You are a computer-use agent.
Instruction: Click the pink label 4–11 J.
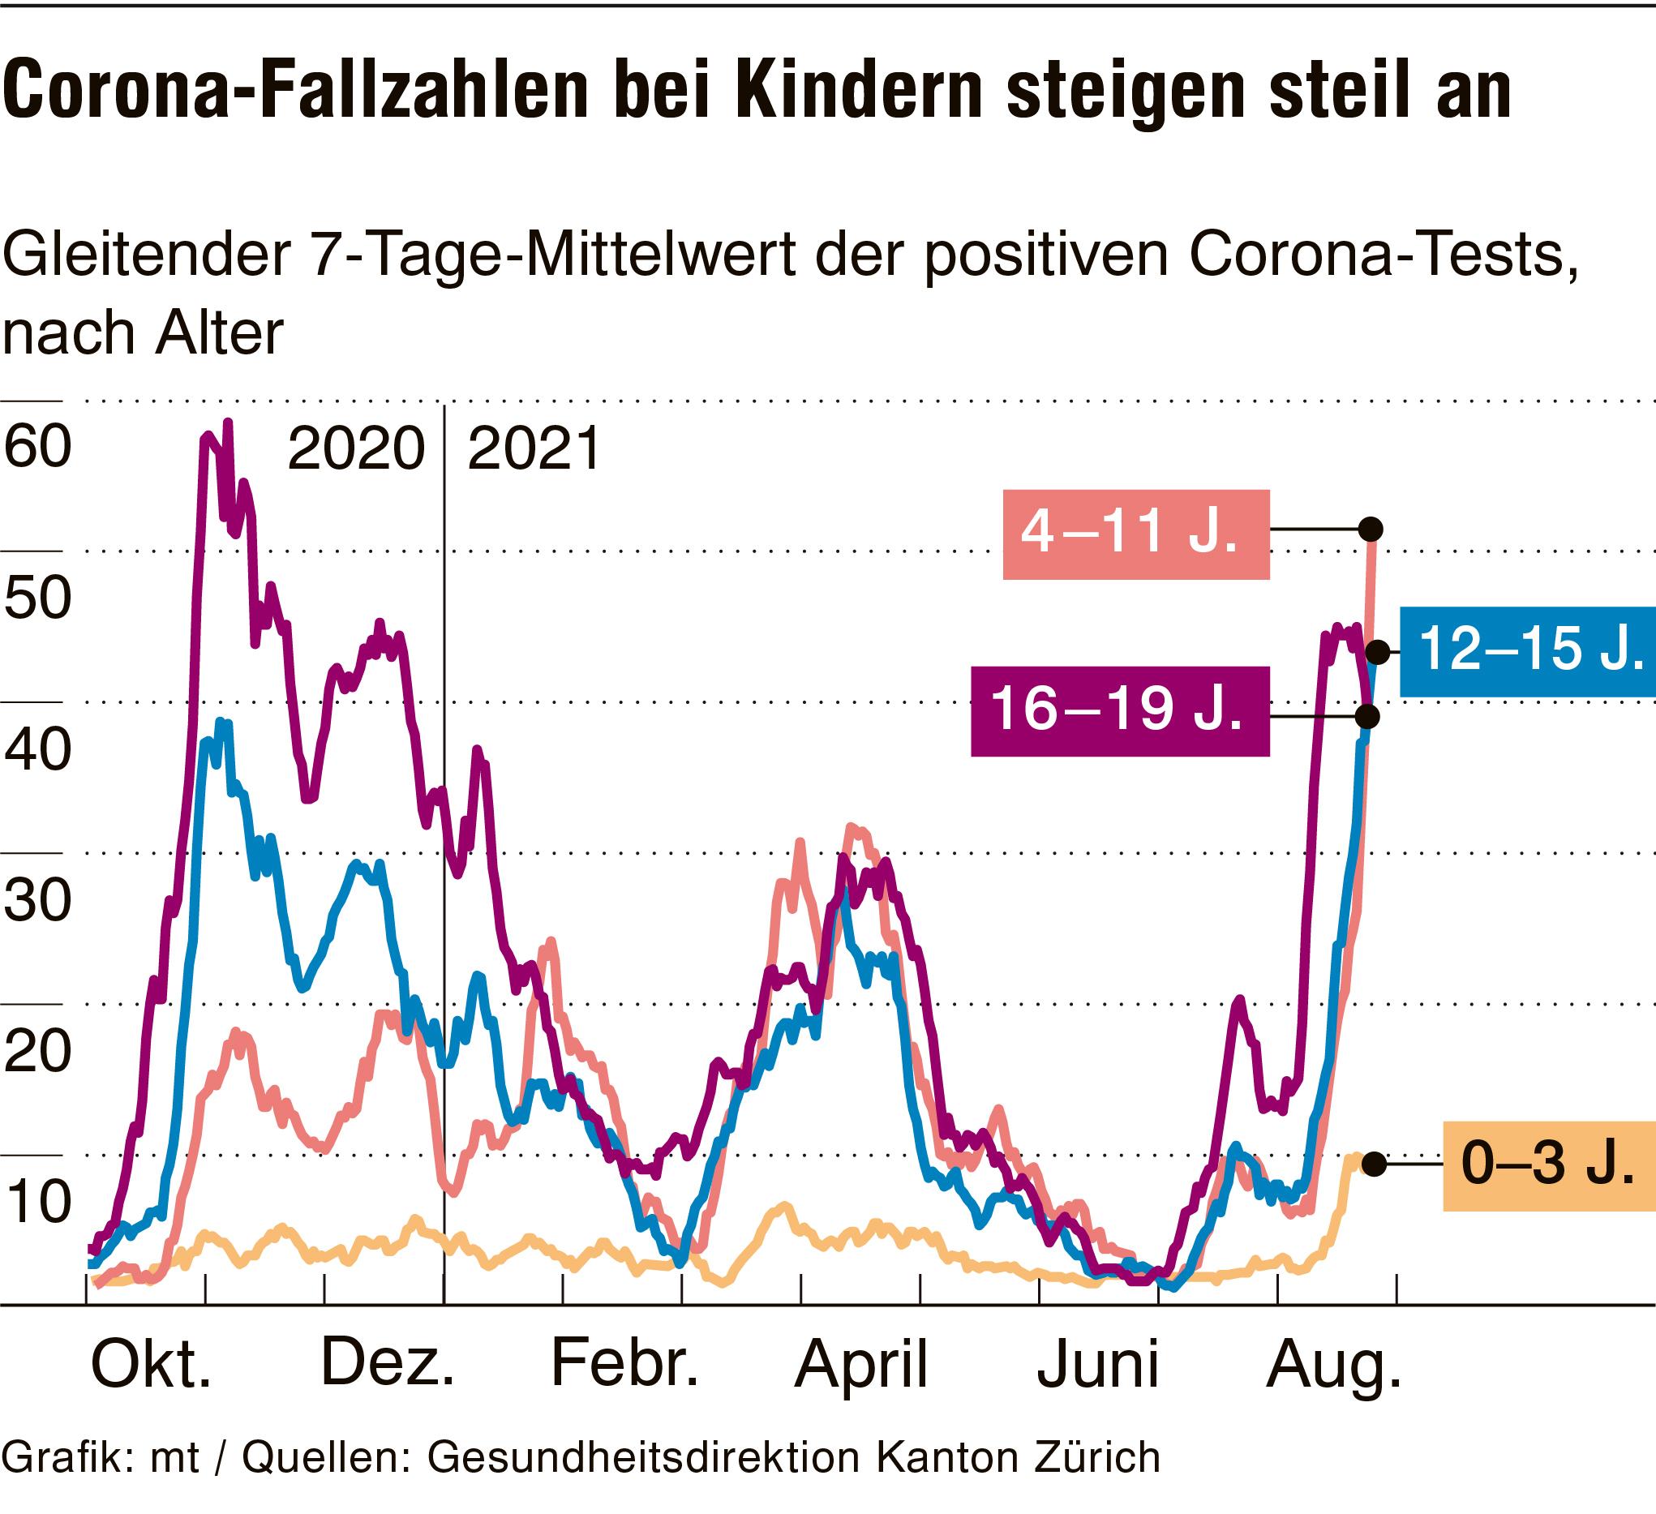pyautogui.click(x=1135, y=534)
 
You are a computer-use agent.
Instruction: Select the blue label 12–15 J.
pyautogui.click(x=1528, y=651)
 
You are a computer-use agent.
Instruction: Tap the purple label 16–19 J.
pyautogui.click(x=1120, y=710)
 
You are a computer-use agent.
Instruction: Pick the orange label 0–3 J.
pyautogui.click(x=1548, y=1164)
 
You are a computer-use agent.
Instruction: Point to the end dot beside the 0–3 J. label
pyautogui.click(x=1374, y=1164)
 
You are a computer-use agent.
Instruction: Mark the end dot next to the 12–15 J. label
pyautogui.click(x=1378, y=652)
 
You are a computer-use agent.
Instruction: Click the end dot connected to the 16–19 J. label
pyautogui.click(x=1367, y=717)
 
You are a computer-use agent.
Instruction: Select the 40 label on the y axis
pyautogui.click(x=38, y=750)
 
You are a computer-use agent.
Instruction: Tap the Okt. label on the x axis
pyautogui.click(x=151, y=1366)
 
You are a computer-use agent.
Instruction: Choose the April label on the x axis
pyautogui.click(x=860, y=1366)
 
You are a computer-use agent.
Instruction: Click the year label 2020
pyautogui.click(x=356, y=449)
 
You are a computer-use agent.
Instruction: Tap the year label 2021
pyautogui.click(x=534, y=449)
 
